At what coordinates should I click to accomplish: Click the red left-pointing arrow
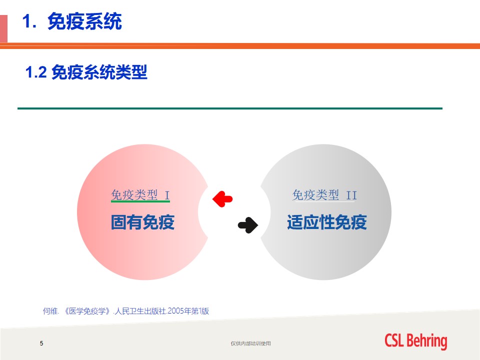(x=222, y=199)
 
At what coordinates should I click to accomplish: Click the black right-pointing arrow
(x=248, y=225)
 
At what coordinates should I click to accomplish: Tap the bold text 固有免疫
(x=142, y=222)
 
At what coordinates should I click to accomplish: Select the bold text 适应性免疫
(x=326, y=222)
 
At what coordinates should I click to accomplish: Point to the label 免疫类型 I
(x=140, y=194)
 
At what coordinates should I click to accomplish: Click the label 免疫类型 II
(x=324, y=195)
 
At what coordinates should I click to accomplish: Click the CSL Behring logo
(x=415, y=341)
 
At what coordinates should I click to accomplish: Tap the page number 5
(x=41, y=343)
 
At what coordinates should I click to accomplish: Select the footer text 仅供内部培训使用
(x=250, y=343)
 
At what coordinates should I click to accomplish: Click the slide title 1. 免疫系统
(x=72, y=21)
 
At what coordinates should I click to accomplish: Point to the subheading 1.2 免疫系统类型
(x=86, y=72)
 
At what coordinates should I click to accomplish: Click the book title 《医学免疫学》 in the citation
(x=87, y=311)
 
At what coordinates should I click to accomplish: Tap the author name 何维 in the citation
(x=50, y=311)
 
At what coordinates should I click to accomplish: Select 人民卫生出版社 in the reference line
(x=140, y=311)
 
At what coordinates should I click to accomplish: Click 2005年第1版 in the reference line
(x=188, y=311)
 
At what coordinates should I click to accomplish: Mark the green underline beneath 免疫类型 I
(x=140, y=201)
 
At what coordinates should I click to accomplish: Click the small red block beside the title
(x=3, y=28)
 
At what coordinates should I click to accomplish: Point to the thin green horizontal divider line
(x=230, y=108)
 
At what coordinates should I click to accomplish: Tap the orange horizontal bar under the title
(x=240, y=46)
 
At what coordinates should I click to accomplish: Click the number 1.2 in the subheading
(x=36, y=72)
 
